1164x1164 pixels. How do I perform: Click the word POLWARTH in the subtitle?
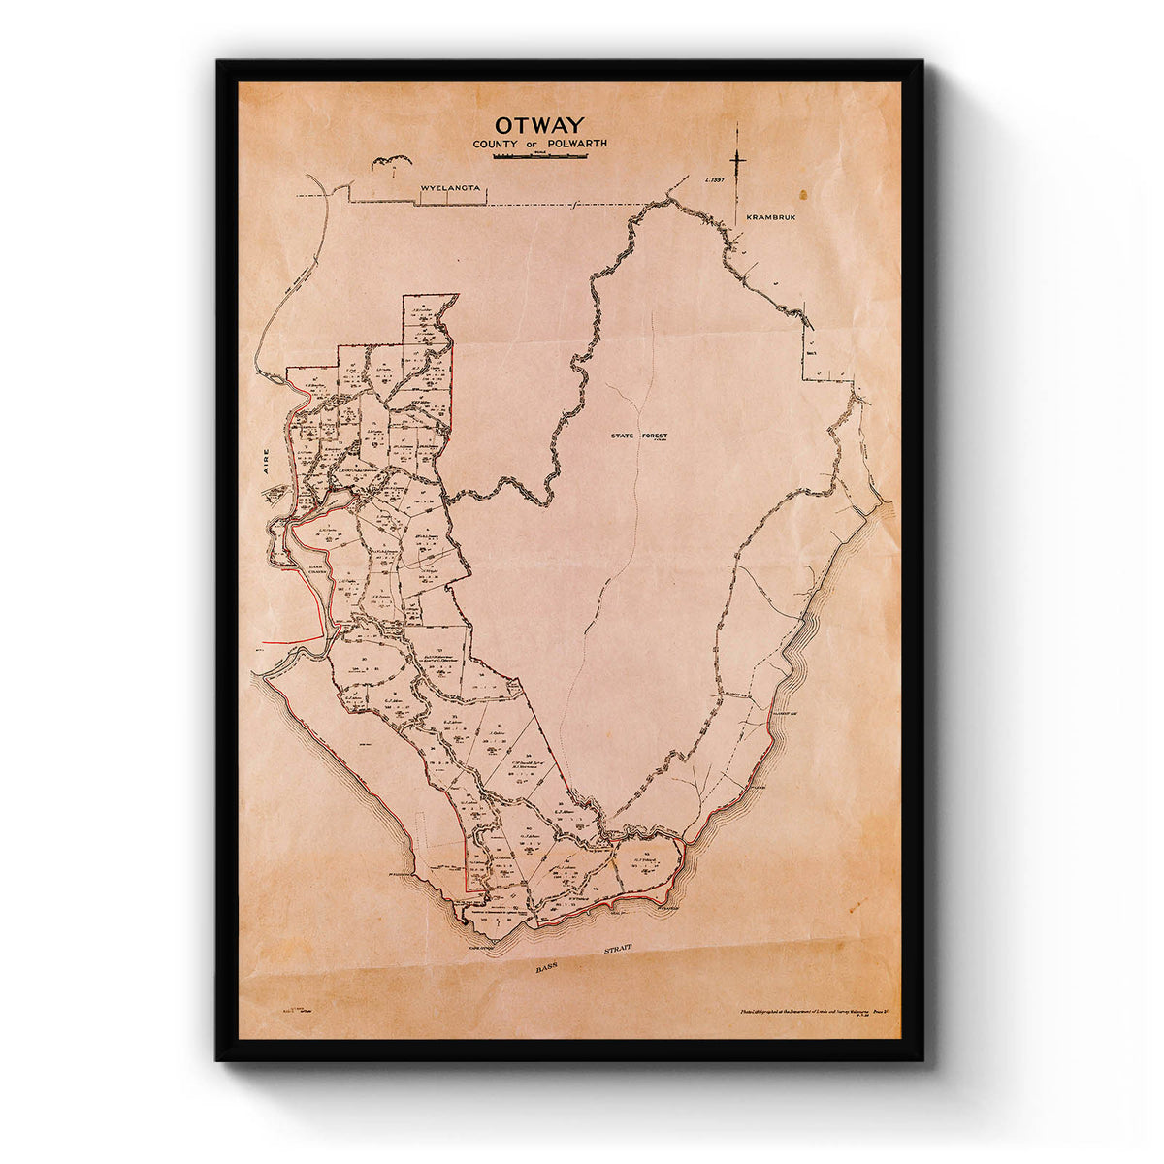(574, 144)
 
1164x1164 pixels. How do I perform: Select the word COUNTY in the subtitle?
(495, 144)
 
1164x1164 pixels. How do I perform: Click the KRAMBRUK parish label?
(770, 218)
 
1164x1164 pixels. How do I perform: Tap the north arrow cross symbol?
(738, 158)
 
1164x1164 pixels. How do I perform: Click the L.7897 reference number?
(715, 179)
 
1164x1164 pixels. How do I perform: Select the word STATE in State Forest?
(625, 436)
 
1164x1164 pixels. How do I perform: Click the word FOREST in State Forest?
(655, 436)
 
